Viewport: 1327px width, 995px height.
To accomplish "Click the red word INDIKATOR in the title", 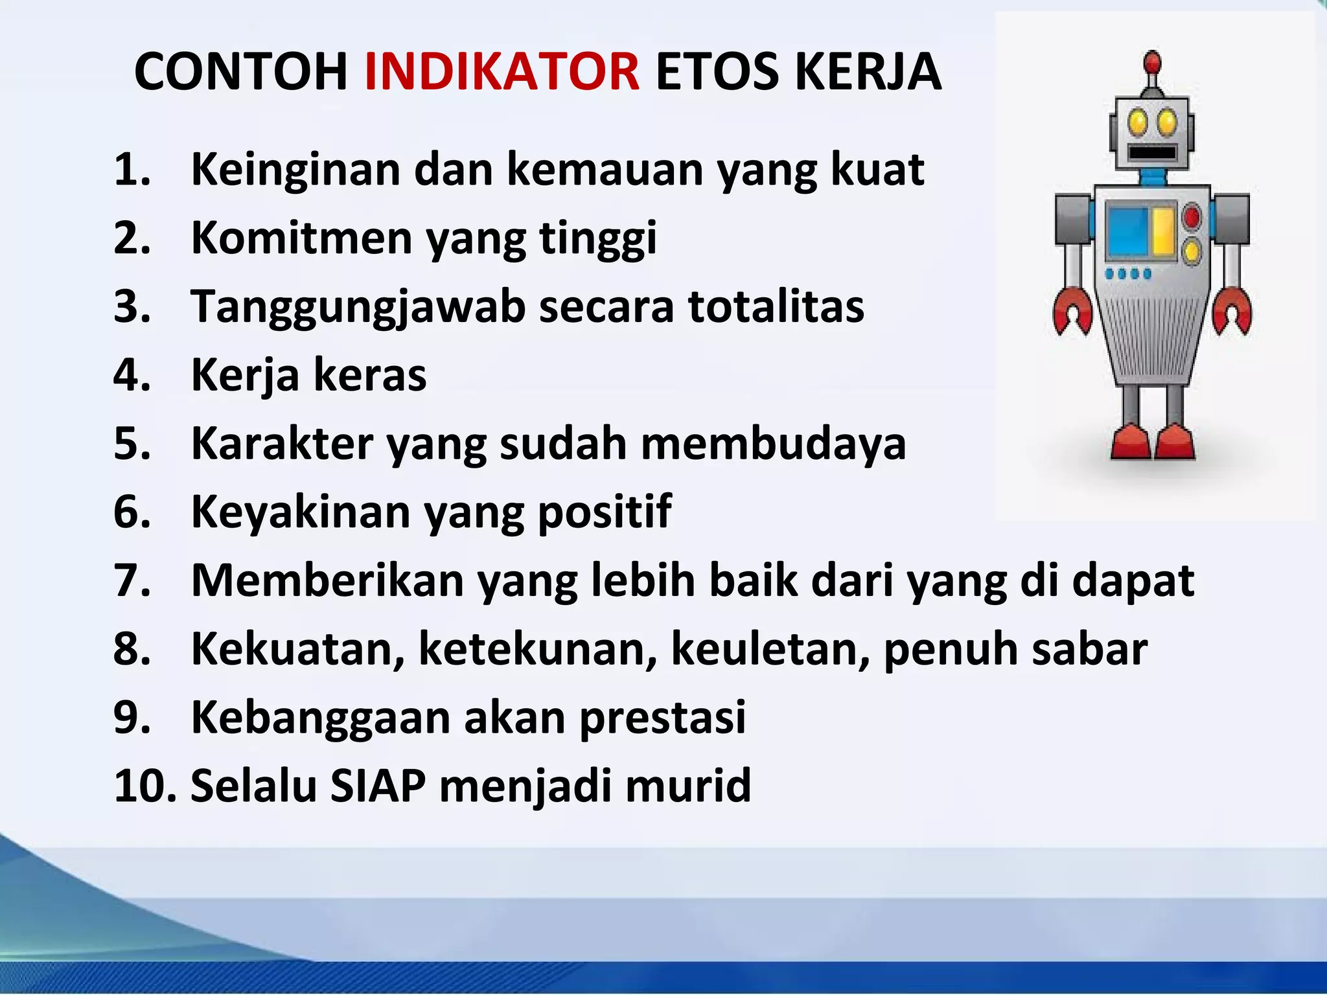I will click(x=502, y=71).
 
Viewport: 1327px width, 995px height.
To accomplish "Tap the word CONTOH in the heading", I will click(x=241, y=71).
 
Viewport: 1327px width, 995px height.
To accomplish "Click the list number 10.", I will click(x=144, y=785).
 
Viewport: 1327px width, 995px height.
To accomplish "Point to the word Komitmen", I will click(x=301, y=238).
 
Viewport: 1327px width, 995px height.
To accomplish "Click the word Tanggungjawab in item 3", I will click(x=358, y=306).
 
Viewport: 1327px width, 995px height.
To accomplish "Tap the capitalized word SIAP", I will click(x=378, y=785).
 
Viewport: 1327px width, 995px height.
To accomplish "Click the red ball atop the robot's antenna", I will click(x=1151, y=63).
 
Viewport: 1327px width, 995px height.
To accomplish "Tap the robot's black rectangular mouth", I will click(x=1152, y=153).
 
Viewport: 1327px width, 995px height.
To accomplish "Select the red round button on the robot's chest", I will click(x=1191, y=217).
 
